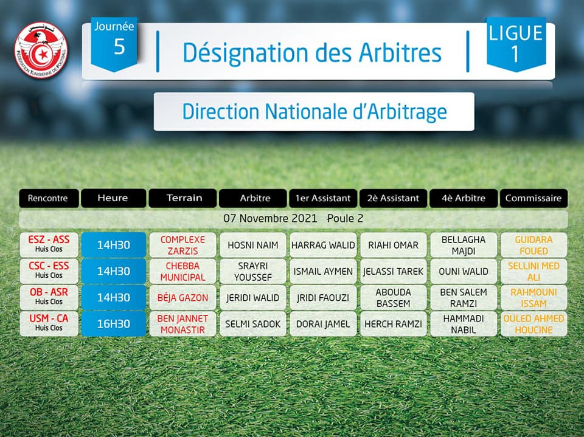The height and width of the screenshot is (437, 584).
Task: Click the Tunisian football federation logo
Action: coord(41,50)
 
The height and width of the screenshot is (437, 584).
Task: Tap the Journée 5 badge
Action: coord(114,44)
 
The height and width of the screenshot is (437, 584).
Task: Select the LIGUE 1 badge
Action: coord(516,44)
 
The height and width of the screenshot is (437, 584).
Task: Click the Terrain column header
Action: coord(182,198)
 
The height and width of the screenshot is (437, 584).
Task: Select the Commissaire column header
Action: coord(534,198)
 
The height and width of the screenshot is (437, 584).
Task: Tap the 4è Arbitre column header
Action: coord(464,198)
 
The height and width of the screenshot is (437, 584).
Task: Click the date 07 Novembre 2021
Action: coord(270,219)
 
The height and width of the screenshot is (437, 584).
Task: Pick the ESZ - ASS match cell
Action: coord(49,244)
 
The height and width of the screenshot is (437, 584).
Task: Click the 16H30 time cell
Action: coord(114,324)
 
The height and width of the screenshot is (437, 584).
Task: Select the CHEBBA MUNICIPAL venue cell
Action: coord(182,271)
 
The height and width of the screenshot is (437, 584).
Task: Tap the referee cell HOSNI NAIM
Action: coord(253,245)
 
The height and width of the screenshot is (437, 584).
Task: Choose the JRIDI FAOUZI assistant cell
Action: coord(323,298)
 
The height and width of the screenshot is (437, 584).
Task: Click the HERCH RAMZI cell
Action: coord(394,324)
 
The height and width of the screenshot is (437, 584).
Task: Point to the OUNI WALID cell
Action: coord(464,271)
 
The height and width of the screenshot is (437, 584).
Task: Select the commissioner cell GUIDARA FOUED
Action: coord(534,245)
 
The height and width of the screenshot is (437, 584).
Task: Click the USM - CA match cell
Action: coord(49,323)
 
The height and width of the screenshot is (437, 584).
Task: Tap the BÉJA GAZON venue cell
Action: coord(182,298)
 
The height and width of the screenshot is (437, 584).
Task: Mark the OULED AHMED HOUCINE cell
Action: coord(534,324)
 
